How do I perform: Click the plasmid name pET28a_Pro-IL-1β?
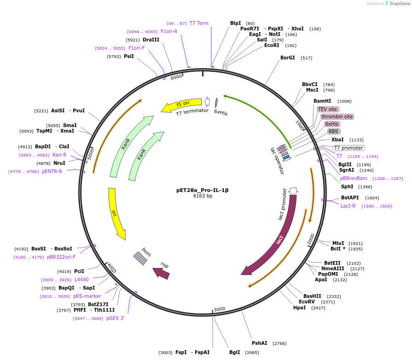pyautogui.click(x=202, y=190)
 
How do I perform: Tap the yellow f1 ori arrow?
pyautogui.click(x=181, y=105)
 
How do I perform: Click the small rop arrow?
pyautogui.click(x=162, y=272)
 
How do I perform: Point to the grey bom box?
pyautogui.click(x=140, y=258)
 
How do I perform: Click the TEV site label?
pyautogui.click(x=328, y=109)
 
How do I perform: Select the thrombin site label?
pyautogui.click(x=337, y=116)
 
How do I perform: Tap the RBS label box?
pyautogui.click(x=333, y=131)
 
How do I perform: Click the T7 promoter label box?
pyautogui.click(x=348, y=148)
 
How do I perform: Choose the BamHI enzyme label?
pyautogui.click(x=322, y=101)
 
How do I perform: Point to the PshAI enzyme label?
pyautogui.click(x=259, y=343)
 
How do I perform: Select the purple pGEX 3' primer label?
pyautogui.click(x=116, y=318)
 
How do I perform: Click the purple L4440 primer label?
pyautogui.click(x=81, y=279)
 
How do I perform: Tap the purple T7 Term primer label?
pyautogui.click(x=199, y=23)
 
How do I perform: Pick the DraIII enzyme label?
pyautogui.click(x=151, y=40)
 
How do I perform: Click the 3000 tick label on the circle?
pyautogui.click(x=220, y=309)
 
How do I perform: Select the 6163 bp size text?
pyautogui.click(x=203, y=196)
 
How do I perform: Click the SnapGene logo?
pyautogui.click(x=399, y=4)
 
